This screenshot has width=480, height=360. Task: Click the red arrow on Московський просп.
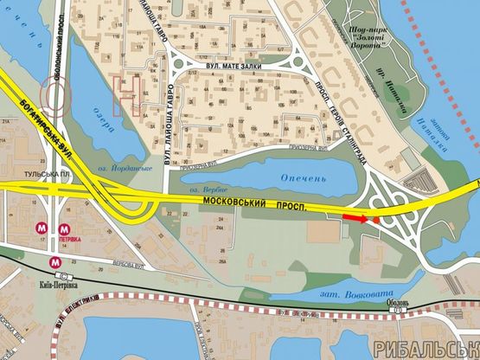[x=355, y=218]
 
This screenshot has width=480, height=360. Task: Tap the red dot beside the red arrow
[x=376, y=221]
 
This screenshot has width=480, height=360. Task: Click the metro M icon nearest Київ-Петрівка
[x=55, y=259]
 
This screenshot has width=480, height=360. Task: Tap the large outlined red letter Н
[x=126, y=89]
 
